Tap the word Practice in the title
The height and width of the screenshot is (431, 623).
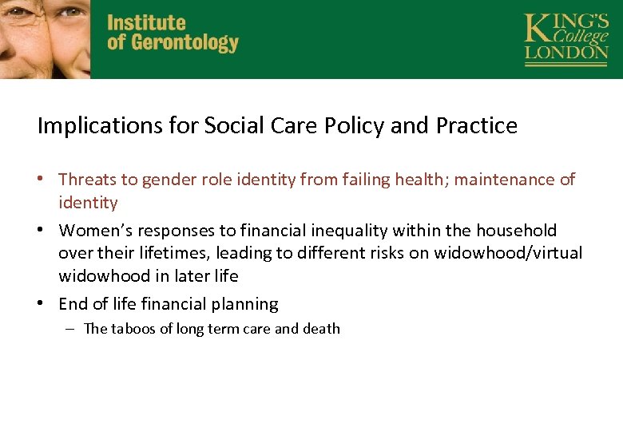click(477, 126)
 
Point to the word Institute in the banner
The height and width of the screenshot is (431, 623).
click(146, 23)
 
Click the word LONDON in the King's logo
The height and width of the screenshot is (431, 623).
click(566, 53)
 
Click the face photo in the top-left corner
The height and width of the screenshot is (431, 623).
click(45, 38)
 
